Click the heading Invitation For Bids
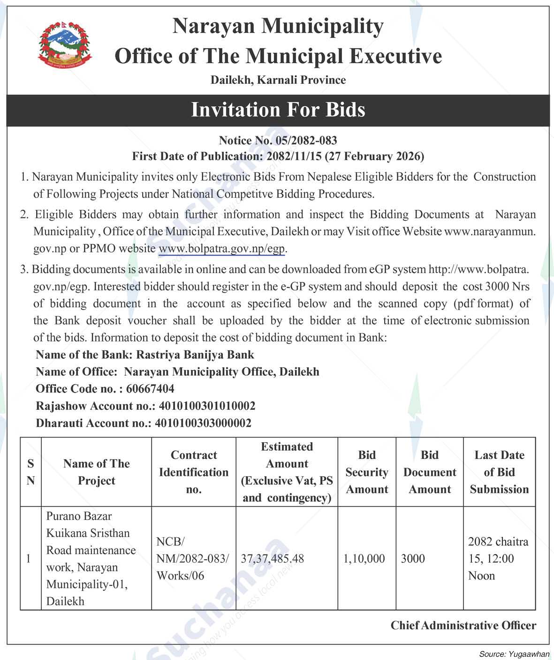click(278, 110)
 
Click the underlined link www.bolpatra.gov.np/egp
click(222, 248)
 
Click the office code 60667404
click(150, 389)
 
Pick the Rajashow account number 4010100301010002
click(207, 406)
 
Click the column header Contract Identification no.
click(194, 472)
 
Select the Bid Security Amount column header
click(367, 472)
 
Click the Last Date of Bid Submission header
click(499, 472)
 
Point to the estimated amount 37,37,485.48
click(272, 559)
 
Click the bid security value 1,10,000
click(364, 559)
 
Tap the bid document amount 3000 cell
click(413, 559)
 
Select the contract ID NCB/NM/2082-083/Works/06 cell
click(193, 559)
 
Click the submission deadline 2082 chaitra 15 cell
click(498, 559)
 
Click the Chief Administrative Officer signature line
click(463, 626)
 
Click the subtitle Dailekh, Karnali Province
click(278, 80)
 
